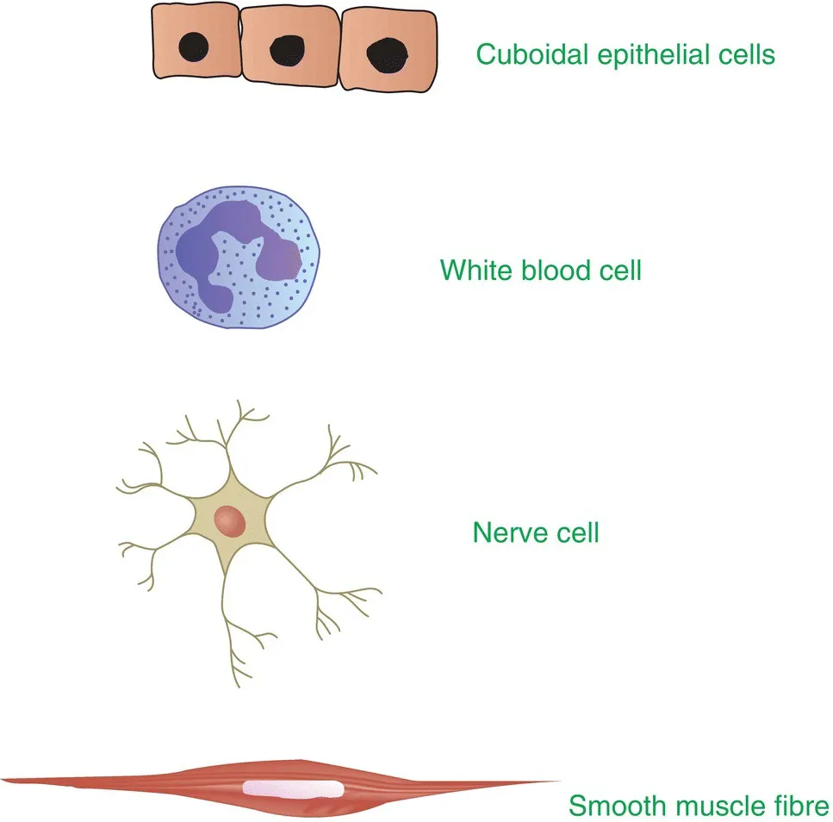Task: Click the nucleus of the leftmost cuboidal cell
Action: click(x=193, y=47)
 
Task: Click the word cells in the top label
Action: click(x=748, y=55)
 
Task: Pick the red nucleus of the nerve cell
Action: click(x=231, y=520)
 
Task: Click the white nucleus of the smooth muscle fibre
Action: click(x=293, y=788)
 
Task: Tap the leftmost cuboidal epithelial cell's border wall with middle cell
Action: click(x=239, y=47)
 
